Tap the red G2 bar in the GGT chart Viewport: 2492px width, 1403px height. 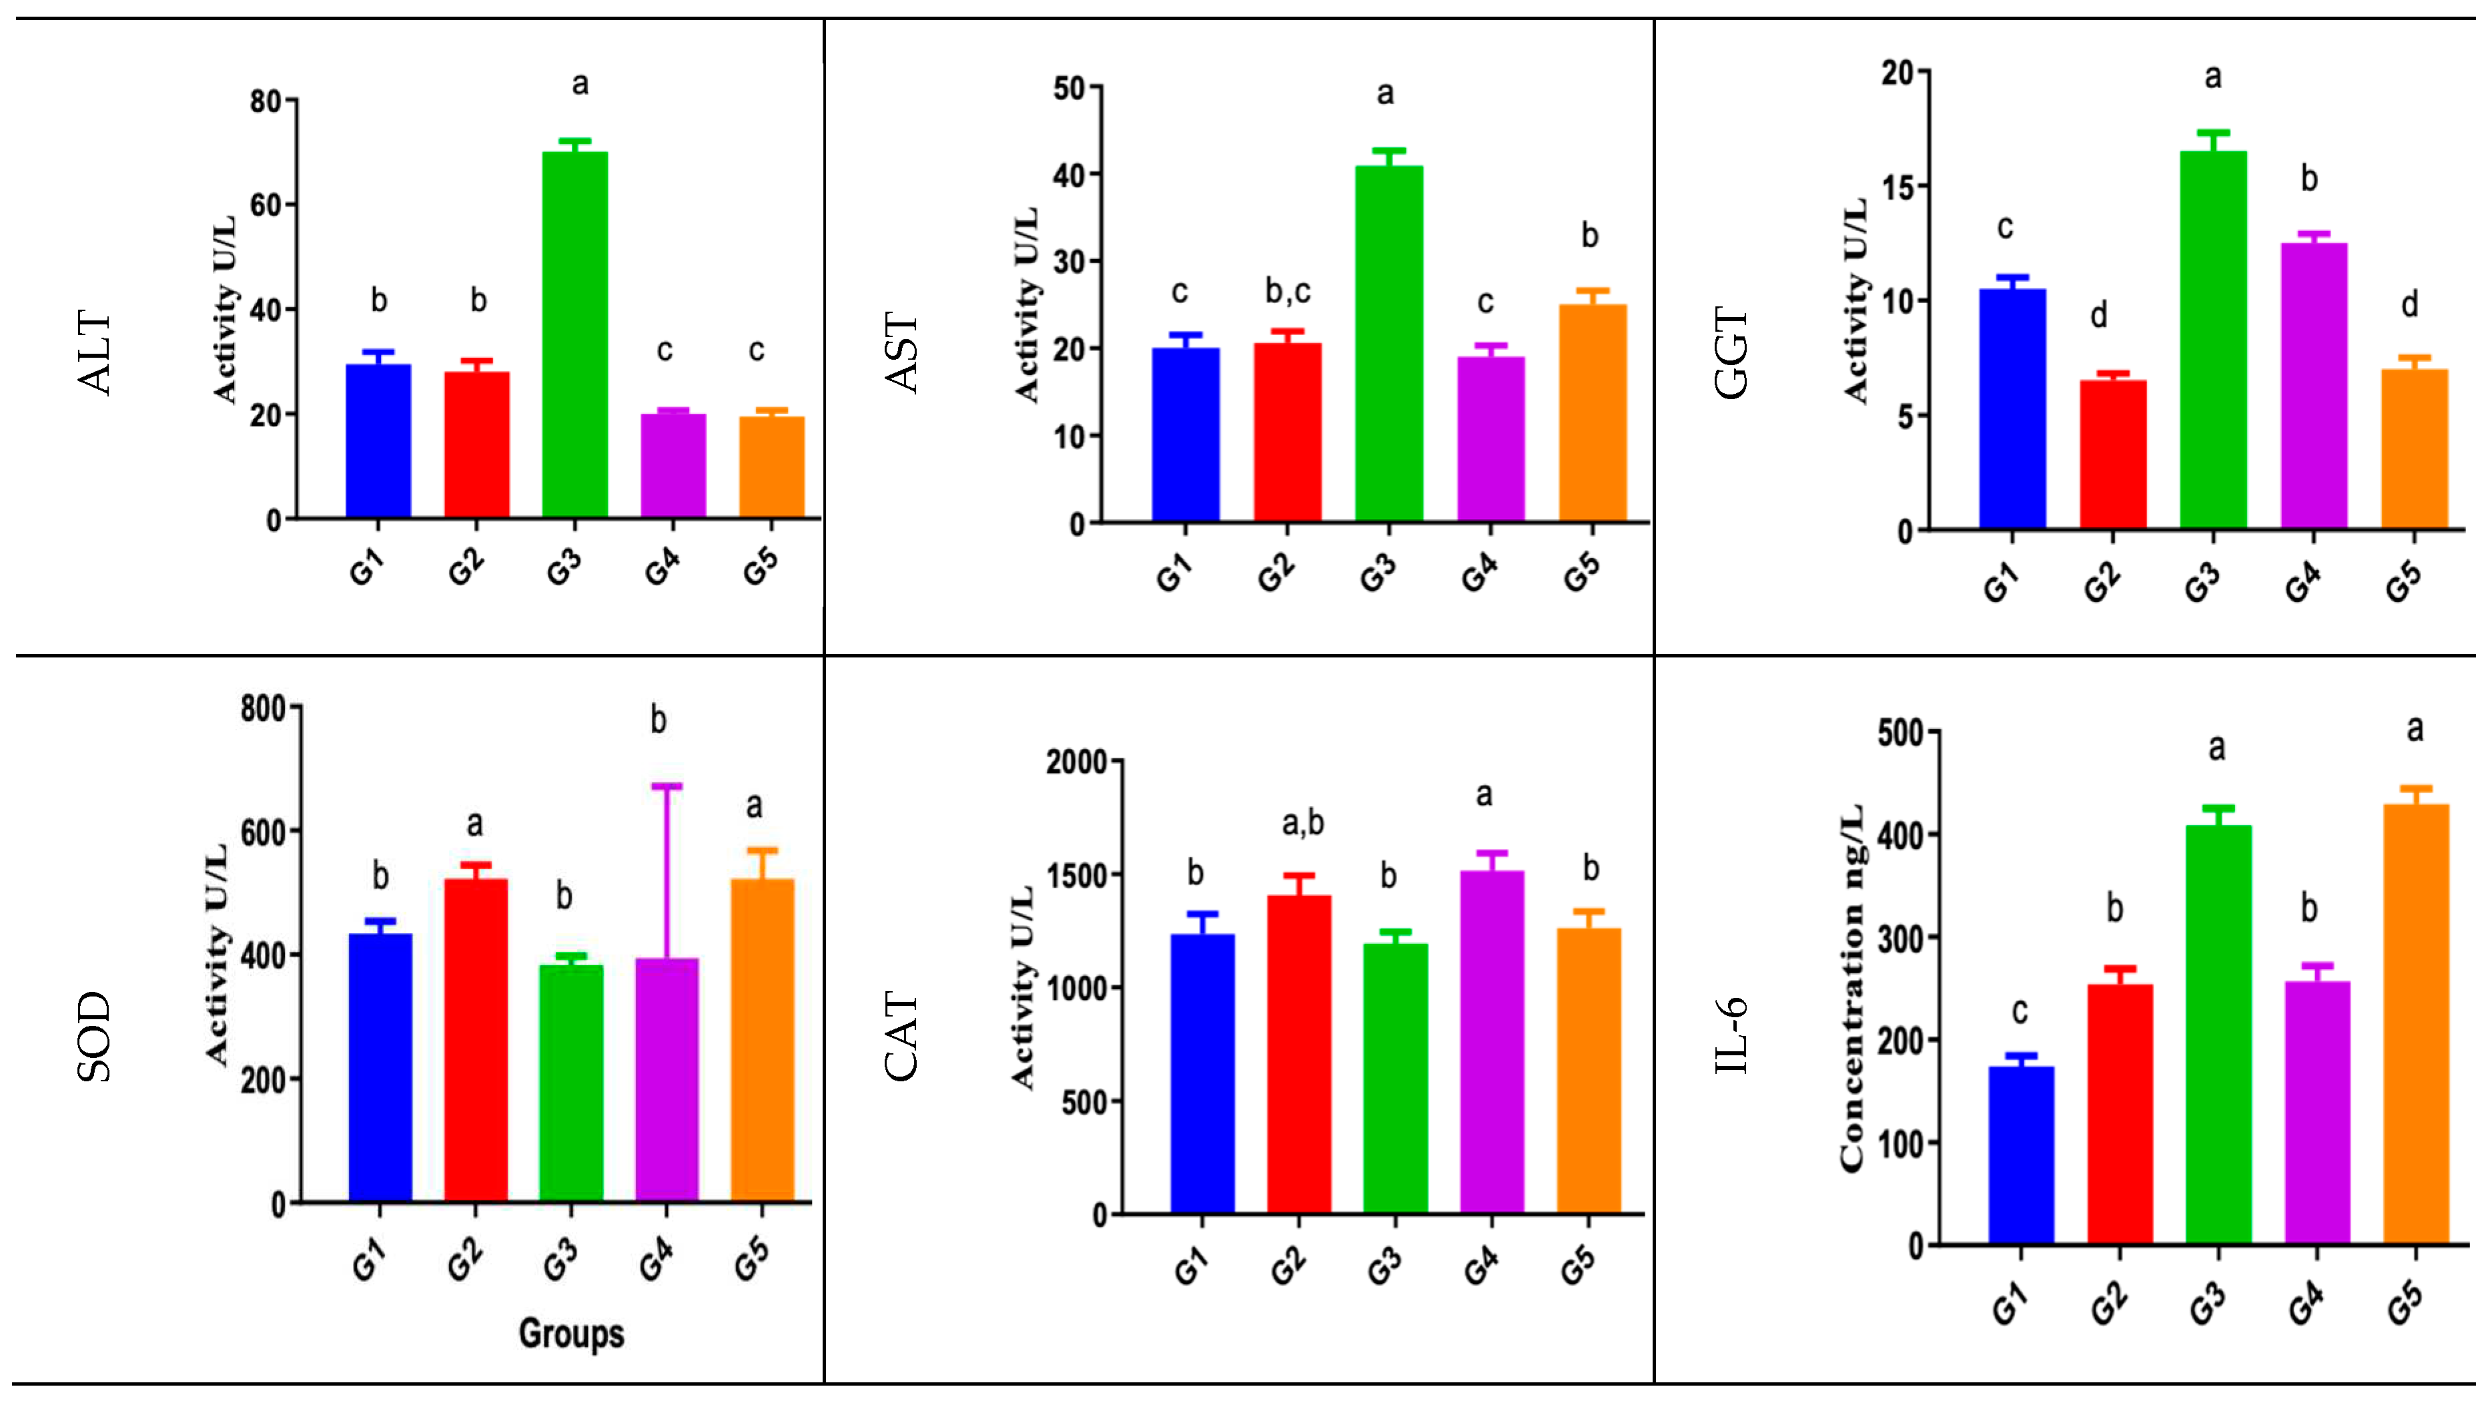[2113, 454]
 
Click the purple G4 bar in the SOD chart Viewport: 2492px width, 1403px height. [667, 1079]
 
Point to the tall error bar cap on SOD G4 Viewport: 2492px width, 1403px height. [667, 786]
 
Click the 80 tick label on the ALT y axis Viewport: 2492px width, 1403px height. [265, 101]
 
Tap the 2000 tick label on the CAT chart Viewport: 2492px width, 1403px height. [1076, 762]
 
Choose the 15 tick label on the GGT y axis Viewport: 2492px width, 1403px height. [1899, 187]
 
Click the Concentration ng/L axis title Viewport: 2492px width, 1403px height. [1851, 987]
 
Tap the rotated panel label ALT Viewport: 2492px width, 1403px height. [95, 352]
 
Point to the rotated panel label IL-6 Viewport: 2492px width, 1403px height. [1731, 1035]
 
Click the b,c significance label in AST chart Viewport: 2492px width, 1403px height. [1288, 290]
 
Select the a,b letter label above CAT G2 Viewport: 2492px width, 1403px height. [1302, 824]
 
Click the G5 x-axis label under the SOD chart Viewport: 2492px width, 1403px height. [752, 1259]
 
